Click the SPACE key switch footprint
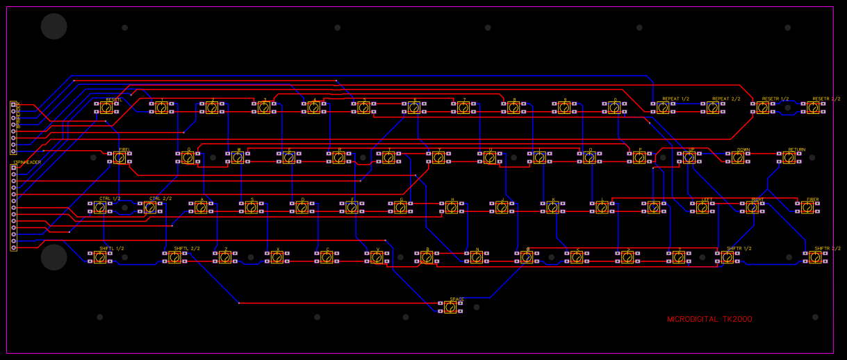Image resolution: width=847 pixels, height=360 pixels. point(450,307)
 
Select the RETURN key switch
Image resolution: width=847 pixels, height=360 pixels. point(789,158)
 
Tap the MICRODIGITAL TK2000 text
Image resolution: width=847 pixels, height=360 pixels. point(709,320)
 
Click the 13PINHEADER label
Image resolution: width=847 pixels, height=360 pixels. point(27,163)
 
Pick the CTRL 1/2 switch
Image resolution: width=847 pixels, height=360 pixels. point(100,207)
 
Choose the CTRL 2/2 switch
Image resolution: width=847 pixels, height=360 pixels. point(150,207)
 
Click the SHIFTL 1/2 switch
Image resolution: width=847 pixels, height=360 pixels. point(100,257)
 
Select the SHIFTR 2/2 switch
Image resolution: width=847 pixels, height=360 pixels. point(815,257)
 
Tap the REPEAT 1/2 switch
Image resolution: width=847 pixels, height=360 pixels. point(663,108)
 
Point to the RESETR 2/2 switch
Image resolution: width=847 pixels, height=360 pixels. point(813,108)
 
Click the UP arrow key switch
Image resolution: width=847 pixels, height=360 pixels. point(689,158)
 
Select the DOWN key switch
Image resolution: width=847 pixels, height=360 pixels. point(737,158)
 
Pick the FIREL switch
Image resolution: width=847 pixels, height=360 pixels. point(120,158)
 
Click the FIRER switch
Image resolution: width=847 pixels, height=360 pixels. point(807,207)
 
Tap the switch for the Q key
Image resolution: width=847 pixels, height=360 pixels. point(188,158)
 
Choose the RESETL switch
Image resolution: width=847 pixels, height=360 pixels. point(106,108)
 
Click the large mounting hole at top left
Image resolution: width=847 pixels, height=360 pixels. point(54,26)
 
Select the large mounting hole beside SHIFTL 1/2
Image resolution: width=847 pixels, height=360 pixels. point(54,257)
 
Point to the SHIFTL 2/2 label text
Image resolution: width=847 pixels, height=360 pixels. point(186,248)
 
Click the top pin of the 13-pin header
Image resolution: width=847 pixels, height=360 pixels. point(13,168)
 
